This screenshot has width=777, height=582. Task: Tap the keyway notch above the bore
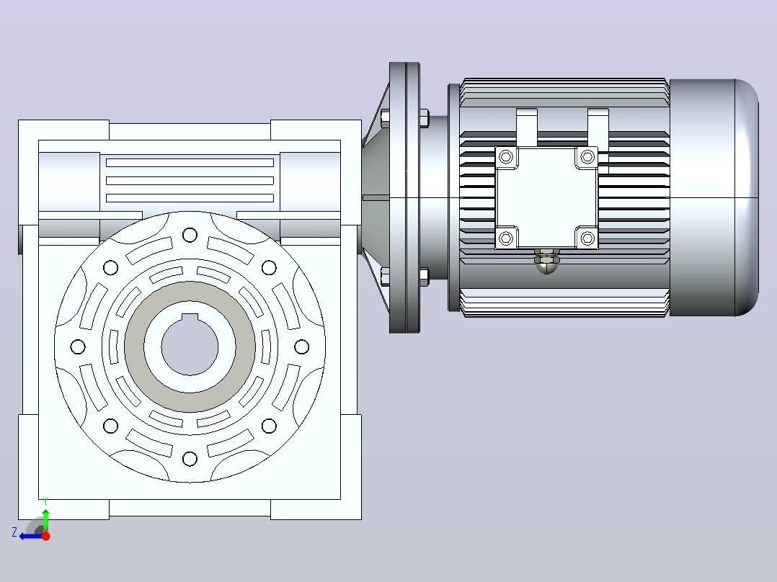point(190,318)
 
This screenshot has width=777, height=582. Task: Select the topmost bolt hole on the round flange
point(190,235)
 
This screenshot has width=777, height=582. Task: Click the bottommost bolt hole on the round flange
point(190,459)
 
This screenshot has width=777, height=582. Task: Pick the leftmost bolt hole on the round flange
point(78,346)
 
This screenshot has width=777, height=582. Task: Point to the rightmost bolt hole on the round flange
point(302,346)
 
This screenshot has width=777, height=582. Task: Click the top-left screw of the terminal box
point(506,157)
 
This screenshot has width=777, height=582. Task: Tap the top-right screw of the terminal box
point(587,157)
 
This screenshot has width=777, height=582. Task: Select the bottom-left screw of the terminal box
point(506,238)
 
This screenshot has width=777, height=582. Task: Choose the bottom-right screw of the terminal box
point(587,238)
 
